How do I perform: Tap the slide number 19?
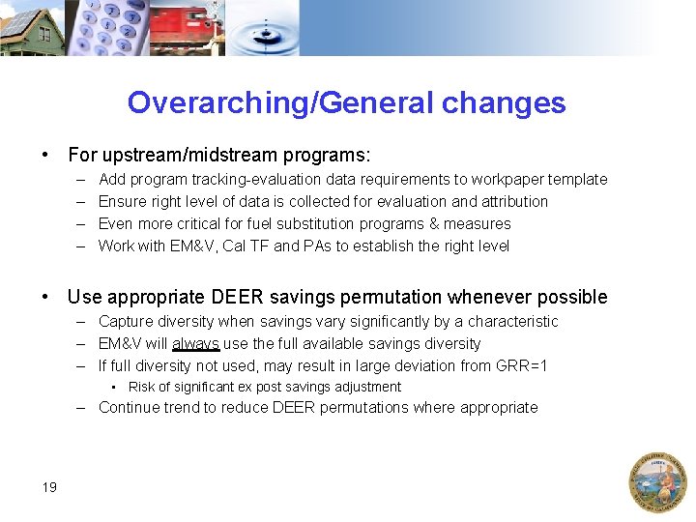pyautogui.click(x=49, y=486)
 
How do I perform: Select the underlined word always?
pyautogui.click(x=196, y=343)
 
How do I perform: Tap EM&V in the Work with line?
pyautogui.click(x=191, y=246)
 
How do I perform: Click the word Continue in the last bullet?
pyautogui.click(x=129, y=407)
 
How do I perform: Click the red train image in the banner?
pyautogui.click(x=189, y=29)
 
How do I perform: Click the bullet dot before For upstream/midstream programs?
pyautogui.click(x=45, y=156)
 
